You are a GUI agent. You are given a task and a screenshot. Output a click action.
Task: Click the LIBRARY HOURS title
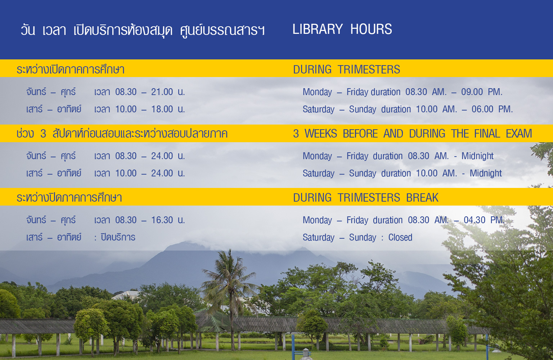point(342,29)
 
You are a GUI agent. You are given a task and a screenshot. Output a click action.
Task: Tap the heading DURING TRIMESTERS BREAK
point(366,198)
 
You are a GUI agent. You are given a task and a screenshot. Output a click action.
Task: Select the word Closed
point(400,237)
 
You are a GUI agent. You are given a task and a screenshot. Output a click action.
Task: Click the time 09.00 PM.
point(482,92)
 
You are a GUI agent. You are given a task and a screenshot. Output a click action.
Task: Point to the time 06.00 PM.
point(492,109)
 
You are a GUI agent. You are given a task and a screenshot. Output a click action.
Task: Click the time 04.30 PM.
point(484,220)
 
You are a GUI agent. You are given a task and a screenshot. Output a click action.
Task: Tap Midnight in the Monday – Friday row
point(477,156)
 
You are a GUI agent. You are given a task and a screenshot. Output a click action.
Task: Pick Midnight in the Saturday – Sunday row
point(486,173)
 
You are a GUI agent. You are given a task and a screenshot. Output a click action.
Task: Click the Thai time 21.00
point(162,92)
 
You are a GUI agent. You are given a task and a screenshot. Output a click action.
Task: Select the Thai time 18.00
point(162,109)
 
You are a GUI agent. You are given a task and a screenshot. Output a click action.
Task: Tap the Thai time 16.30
point(162,220)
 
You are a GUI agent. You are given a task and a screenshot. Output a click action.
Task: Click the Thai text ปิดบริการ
point(118,237)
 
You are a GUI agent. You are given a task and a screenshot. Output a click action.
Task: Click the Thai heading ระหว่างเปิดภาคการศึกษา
point(71,69)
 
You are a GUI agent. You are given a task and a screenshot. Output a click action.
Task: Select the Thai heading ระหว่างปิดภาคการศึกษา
point(69,198)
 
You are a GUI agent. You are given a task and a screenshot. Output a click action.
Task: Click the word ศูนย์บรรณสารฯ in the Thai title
point(222,31)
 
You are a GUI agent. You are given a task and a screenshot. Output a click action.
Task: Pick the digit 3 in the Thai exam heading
point(43,134)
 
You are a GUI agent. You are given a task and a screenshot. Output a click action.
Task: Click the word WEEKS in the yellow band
point(321,134)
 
